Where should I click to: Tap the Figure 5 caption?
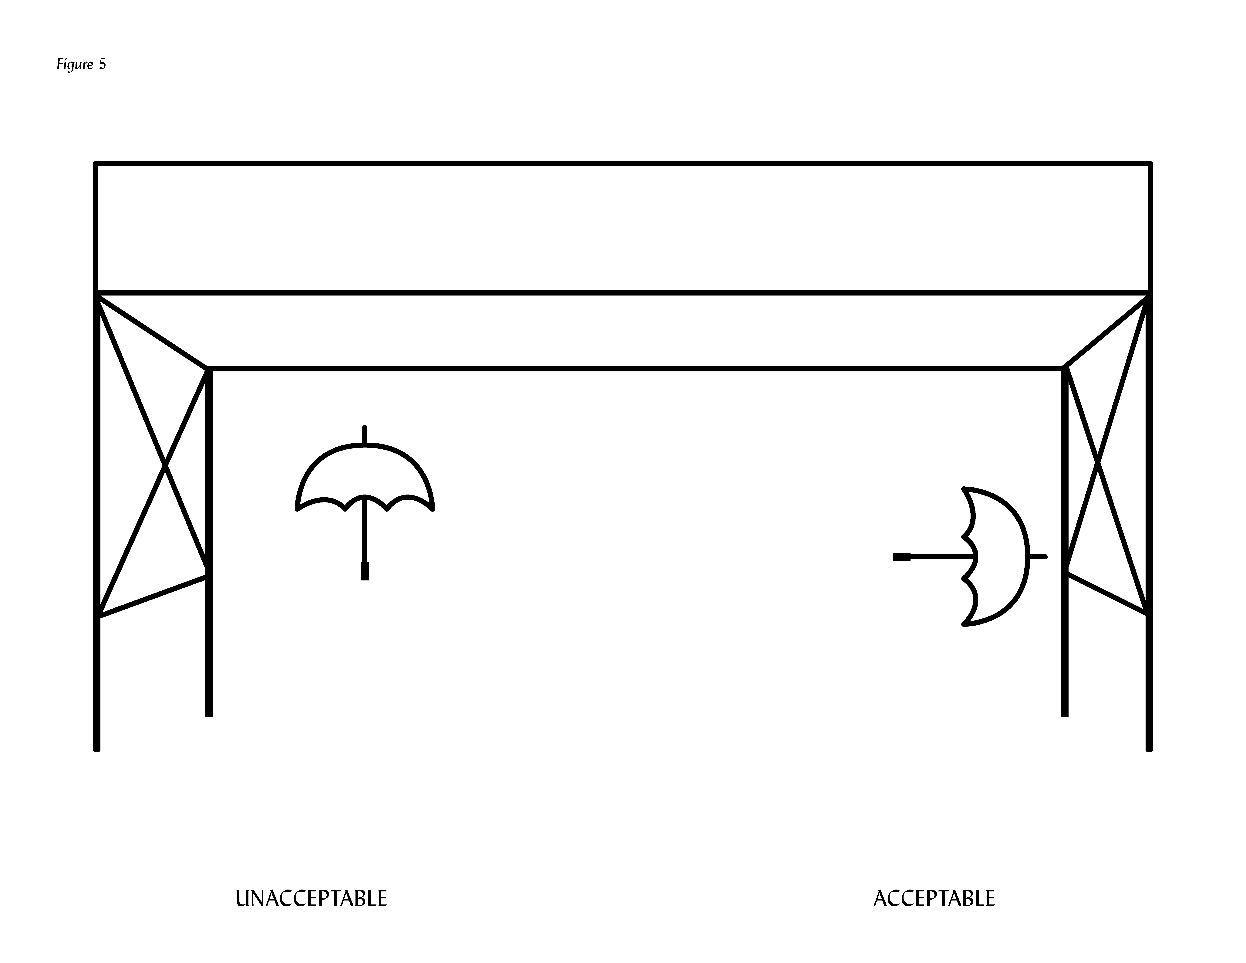click(x=81, y=64)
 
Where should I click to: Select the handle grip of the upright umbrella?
click(x=365, y=571)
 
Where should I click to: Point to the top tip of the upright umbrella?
click(x=365, y=428)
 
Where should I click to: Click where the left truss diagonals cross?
click(x=165, y=467)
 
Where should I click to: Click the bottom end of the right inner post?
click(x=1065, y=715)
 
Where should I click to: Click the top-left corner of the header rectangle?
click(x=96, y=164)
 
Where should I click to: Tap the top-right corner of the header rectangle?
click(x=1150, y=164)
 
